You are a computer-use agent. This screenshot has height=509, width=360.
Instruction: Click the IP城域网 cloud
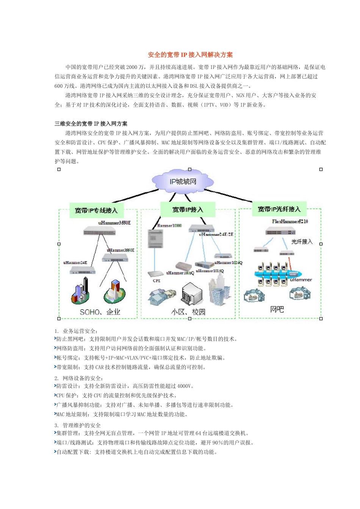[x=183, y=182]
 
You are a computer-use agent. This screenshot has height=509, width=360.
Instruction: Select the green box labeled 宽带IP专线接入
[x=97, y=211]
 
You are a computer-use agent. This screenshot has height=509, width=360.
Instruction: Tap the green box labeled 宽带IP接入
[x=188, y=209]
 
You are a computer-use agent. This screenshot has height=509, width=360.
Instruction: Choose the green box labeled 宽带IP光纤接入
[x=279, y=209]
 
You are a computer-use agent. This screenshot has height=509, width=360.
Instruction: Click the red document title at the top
[x=190, y=55]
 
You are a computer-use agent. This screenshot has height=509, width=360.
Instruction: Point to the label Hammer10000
[x=169, y=226]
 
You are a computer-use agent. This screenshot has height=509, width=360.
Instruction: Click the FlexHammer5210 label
[x=290, y=222]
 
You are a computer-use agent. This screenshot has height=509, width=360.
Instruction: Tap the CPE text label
[x=157, y=281]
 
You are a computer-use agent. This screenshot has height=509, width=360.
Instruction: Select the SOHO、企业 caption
[x=100, y=312]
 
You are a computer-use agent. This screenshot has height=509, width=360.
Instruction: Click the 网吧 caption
[x=277, y=309]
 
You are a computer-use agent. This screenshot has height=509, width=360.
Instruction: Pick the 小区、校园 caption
[x=188, y=312]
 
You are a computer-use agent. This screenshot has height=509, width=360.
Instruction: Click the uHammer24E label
[x=75, y=262]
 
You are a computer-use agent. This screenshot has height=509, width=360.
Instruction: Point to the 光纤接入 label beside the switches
[x=302, y=242]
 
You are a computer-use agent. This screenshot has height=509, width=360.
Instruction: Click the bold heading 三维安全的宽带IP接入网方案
[x=91, y=124]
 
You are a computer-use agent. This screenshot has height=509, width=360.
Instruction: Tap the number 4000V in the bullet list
[x=184, y=386]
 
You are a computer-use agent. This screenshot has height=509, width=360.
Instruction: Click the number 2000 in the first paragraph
[x=132, y=67]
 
